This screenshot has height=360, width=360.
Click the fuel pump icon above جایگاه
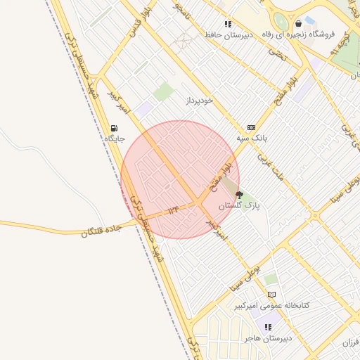point(114,128)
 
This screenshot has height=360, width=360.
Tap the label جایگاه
point(114,139)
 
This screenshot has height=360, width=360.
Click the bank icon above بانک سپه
point(252,127)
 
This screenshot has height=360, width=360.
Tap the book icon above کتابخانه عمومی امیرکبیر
point(272,295)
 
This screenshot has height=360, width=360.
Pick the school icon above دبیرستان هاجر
point(267,327)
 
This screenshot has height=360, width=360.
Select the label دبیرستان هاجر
point(267,338)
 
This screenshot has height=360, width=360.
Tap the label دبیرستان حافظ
point(224,34)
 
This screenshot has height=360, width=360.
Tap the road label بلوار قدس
point(139,27)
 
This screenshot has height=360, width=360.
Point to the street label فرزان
point(350,342)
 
